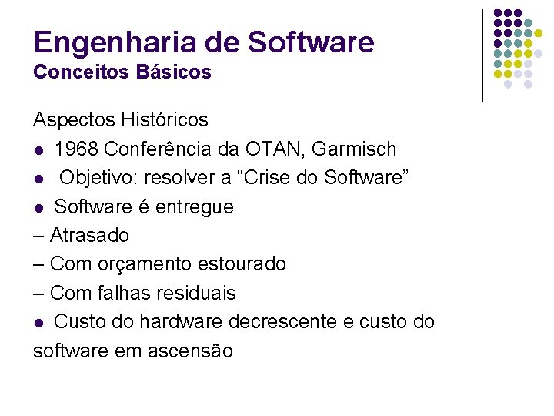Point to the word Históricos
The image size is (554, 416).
pyautogui.click(x=165, y=120)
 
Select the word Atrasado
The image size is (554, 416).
pyautogui.click(x=89, y=235)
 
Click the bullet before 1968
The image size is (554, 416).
pyautogui.click(x=38, y=149)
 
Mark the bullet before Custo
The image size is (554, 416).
pyautogui.click(x=38, y=323)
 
